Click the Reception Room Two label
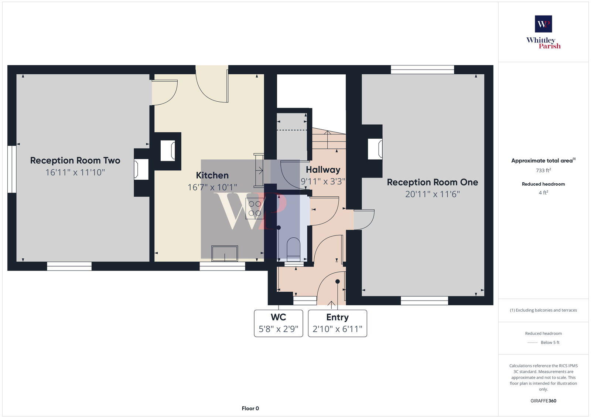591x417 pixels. (75, 160)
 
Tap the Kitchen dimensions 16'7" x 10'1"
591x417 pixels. (212, 187)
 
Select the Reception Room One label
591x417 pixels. (432, 182)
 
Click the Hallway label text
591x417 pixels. (323, 170)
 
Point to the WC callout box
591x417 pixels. (278, 323)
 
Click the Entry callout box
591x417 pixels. (337, 323)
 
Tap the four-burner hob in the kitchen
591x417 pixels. (254, 208)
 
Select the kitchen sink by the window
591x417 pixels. (224, 253)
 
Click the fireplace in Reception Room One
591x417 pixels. (375, 149)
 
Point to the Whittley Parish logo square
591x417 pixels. (543, 24)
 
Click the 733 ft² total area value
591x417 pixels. (543, 170)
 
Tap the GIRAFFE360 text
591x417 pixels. (543, 401)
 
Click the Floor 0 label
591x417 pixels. (250, 408)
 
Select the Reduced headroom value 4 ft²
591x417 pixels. (543, 193)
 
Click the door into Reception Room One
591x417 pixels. (364, 220)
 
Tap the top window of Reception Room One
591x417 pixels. (422, 69)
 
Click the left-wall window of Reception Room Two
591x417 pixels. (12, 169)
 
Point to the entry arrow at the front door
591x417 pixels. (331, 305)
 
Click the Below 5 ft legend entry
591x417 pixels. (543, 342)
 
